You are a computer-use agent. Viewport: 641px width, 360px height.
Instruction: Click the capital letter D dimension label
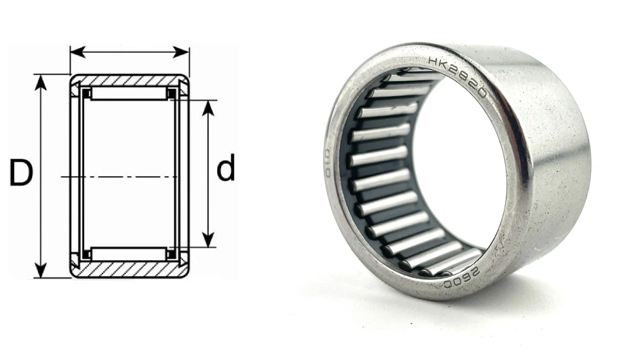tap(21, 174)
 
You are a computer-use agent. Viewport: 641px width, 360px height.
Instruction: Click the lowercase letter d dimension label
tap(226, 170)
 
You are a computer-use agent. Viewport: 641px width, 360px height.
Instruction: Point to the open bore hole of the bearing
tap(449, 173)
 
